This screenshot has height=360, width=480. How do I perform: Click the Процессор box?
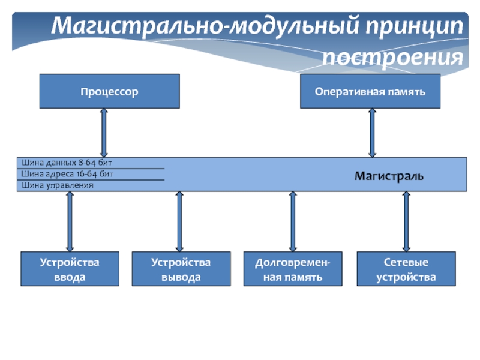pos(109,91)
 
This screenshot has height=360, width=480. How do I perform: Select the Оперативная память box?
pos(370,91)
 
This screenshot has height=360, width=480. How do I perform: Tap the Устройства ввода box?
pos(70,269)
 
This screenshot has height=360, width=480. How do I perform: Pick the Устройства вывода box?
pos(181,269)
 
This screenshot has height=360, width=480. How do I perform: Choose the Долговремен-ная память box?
pos(293,269)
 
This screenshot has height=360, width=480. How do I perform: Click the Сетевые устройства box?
pos(406,269)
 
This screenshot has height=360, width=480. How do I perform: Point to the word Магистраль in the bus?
pos(389,176)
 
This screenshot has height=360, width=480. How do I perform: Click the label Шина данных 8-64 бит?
pos(67,163)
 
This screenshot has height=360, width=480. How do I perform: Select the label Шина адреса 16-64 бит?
pos(67,174)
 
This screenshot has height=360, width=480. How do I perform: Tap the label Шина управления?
pos(58,185)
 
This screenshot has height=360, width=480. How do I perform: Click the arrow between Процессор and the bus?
pos(104,133)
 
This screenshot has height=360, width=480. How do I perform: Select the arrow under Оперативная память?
pos(372,133)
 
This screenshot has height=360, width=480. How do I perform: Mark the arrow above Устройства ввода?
pos(70,221)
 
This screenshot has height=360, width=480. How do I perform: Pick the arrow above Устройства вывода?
pos(179,221)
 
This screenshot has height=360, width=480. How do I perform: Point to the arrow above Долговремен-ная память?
pos(293,221)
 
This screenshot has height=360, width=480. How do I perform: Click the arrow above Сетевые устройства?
pos(406,221)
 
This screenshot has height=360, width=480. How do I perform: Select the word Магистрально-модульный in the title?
pos(203,27)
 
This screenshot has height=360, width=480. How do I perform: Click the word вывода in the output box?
pos(181,277)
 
